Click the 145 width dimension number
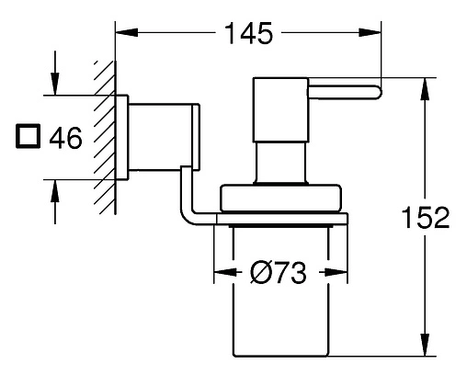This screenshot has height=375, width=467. [x=248, y=33]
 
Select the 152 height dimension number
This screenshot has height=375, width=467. [x=426, y=217]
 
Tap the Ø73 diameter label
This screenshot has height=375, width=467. [x=279, y=272]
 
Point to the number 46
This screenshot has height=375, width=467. [x=66, y=138]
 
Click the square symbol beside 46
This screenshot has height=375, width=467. [x=28, y=136]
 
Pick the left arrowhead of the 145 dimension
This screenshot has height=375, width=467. [x=127, y=32]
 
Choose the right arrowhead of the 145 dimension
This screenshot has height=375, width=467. [x=370, y=32]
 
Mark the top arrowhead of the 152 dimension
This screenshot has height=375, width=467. [x=425, y=89]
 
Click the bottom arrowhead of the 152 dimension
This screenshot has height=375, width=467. [x=425, y=345]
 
